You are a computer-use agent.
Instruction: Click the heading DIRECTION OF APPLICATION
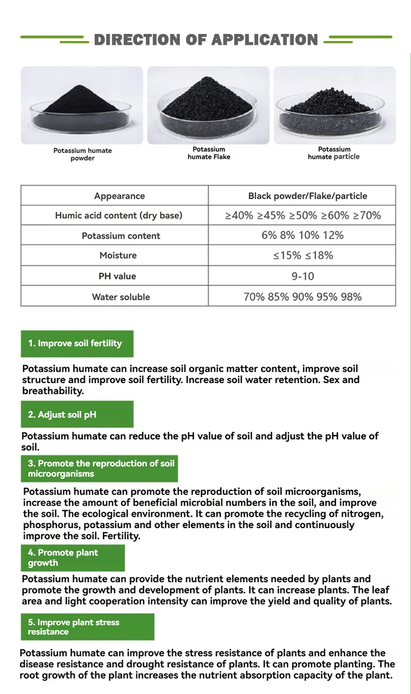pyautogui.click(x=206, y=40)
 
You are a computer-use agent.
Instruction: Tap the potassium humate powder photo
pyautogui.click(x=82, y=105)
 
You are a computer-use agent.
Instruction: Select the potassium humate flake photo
pyautogui.click(x=208, y=105)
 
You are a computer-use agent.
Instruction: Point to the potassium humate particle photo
pyautogui.click(x=334, y=105)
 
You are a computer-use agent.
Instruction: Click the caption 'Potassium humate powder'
pyautogui.click(x=82, y=154)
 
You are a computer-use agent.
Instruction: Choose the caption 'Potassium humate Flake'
pyautogui.click(x=209, y=153)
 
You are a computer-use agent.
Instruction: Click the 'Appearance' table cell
pyautogui.click(x=119, y=196)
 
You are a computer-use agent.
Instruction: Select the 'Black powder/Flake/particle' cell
pyautogui.click(x=307, y=196)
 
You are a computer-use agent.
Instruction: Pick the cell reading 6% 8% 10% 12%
pyautogui.click(x=302, y=235)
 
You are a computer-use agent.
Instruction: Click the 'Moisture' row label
pyautogui.click(x=118, y=256)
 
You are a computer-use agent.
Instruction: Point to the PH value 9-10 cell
pyautogui.click(x=302, y=276)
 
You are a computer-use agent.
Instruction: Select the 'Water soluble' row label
pyautogui.click(x=121, y=297)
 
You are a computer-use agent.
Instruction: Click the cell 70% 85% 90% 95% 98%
pyautogui.click(x=302, y=297)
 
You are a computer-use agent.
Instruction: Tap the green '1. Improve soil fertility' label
pyautogui.click(x=77, y=344)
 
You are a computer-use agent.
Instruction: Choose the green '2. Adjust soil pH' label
pyautogui.click(x=77, y=414)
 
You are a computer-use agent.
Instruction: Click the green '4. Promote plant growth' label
pyautogui.click(x=72, y=558)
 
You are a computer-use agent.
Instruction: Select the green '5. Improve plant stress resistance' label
pyautogui.click(x=87, y=627)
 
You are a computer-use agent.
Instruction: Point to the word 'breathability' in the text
pyautogui.click(x=52, y=391)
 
